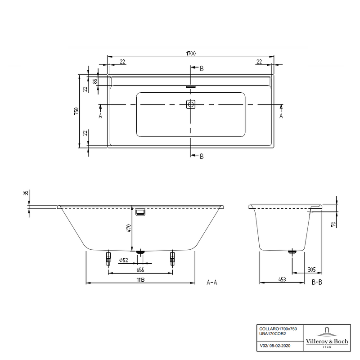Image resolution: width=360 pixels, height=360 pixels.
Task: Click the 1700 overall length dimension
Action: (x=191, y=54)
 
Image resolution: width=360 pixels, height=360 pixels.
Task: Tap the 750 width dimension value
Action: (x=76, y=111)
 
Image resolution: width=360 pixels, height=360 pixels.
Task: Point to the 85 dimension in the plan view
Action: (x=95, y=81)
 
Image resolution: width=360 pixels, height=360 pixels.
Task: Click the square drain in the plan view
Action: (x=191, y=104)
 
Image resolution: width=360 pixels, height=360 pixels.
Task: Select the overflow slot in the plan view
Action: (x=190, y=87)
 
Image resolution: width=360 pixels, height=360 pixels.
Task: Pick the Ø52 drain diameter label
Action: (x=124, y=260)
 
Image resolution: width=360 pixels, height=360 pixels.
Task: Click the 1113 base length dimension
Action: (x=140, y=279)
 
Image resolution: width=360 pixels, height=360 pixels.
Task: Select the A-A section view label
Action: (x=212, y=282)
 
